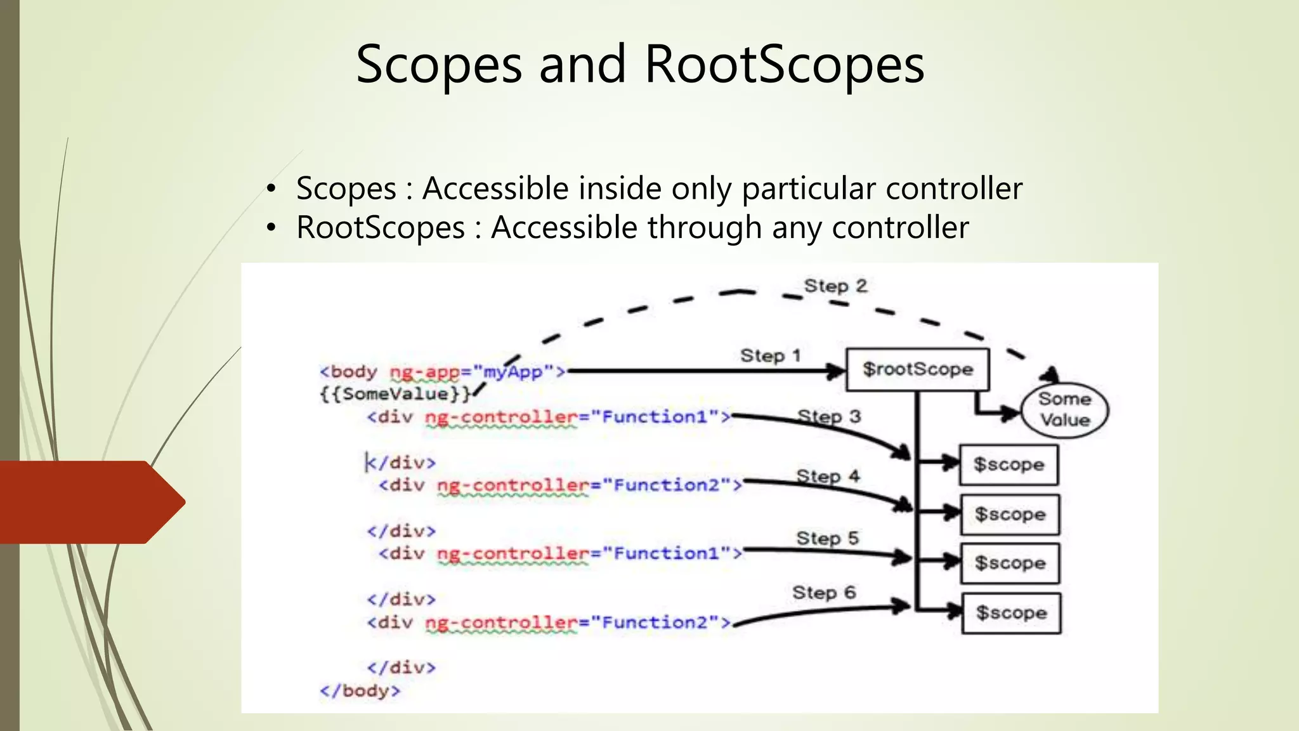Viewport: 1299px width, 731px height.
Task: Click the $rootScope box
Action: click(x=917, y=369)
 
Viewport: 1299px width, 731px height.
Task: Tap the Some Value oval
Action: click(x=1064, y=410)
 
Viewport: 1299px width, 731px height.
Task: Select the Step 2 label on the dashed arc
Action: click(x=835, y=286)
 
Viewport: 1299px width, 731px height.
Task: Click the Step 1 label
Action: click(x=770, y=356)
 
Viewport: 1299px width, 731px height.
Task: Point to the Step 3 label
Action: click(x=829, y=417)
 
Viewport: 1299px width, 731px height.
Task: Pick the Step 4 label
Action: click(x=828, y=476)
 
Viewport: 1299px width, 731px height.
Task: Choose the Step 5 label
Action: click(x=827, y=538)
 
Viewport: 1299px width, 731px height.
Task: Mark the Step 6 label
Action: click(x=824, y=593)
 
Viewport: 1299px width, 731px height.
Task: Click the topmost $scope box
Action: click(x=1009, y=464)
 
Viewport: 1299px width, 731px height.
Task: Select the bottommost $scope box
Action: click(x=1011, y=613)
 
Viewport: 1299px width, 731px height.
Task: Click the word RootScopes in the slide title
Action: click(x=784, y=65)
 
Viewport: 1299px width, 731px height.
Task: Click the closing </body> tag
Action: click(x=360, y=690)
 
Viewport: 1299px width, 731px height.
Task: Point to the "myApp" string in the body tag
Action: click(x=514, y=372)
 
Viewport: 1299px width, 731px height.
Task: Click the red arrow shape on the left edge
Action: click(x=89, y=502)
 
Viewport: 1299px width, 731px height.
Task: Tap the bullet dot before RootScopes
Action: click(x=271, y=228)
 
